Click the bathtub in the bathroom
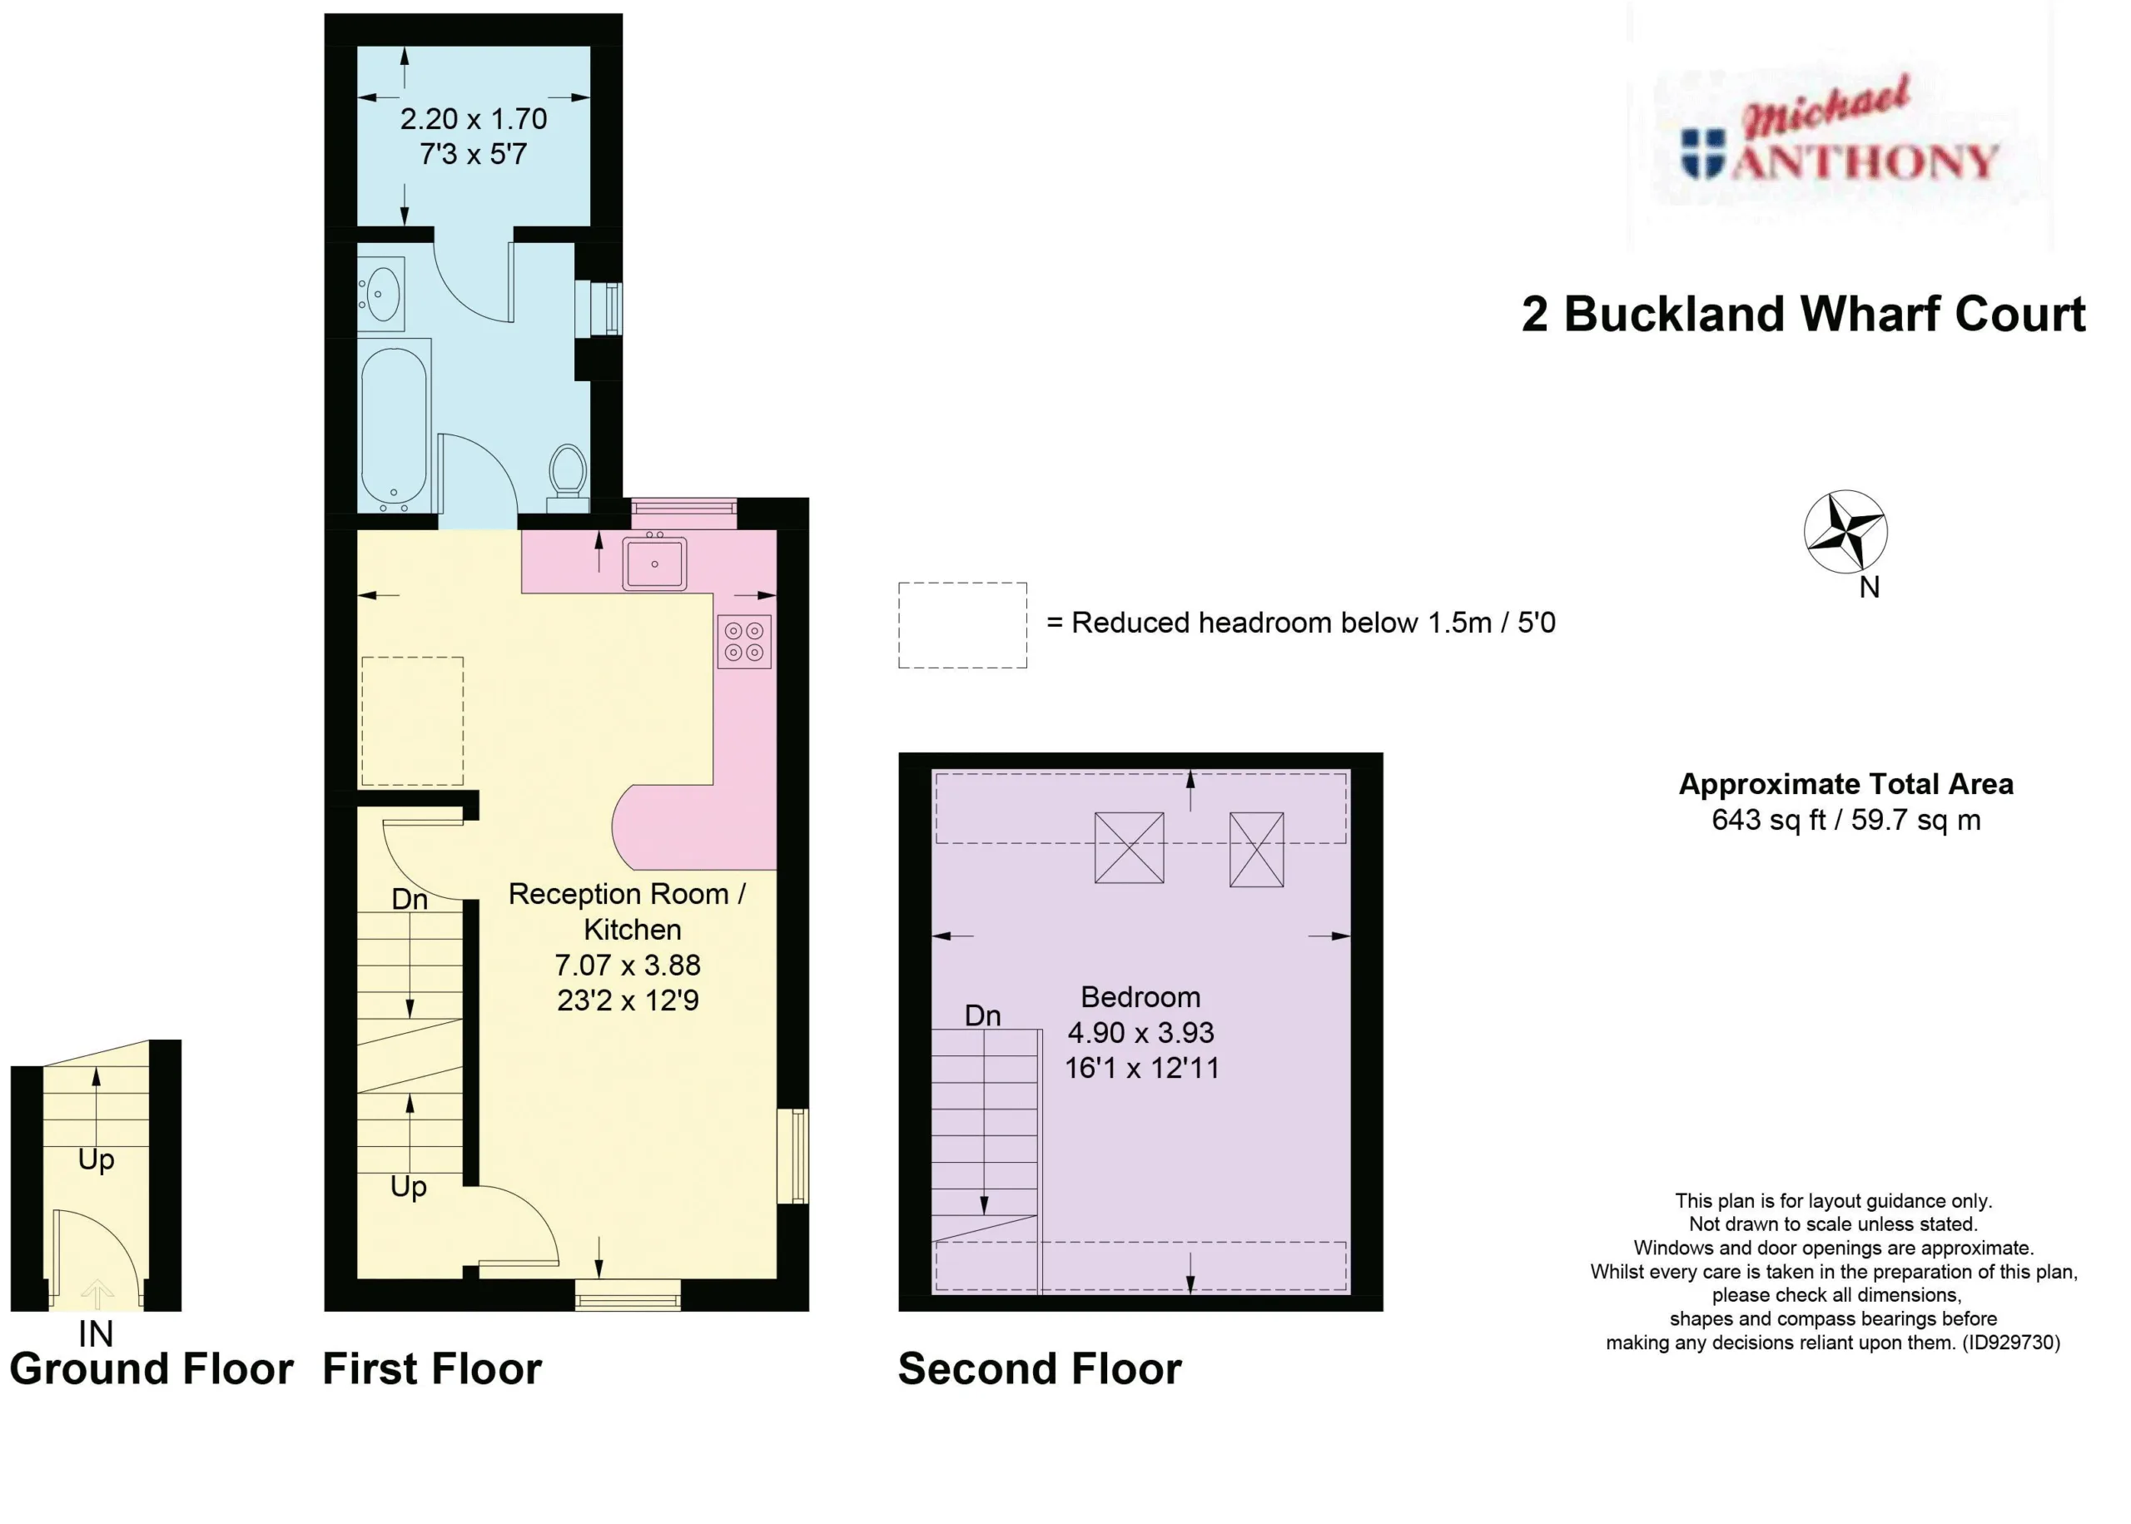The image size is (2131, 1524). pos(395,426)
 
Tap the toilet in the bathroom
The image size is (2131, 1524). pos(568,478)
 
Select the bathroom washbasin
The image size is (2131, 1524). pos(381,294)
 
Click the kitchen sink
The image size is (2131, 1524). pos(654,562)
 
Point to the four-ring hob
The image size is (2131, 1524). pos(744,641)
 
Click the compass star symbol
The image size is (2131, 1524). pos(1845,531)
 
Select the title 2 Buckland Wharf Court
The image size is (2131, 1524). pos(1802,314)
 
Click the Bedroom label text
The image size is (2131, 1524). pos(1140,996)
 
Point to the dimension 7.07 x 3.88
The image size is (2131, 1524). pos(627,965)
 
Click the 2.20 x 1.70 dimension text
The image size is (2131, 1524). pos(473,118)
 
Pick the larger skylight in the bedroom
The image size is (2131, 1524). pos(1129,847)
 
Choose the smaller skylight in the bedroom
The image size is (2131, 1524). pos(1256,849)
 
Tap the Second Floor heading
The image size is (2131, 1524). pos(1040,1369)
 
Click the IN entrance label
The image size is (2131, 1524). pos(96,1333)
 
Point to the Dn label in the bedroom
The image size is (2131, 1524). pos(982,1015)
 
